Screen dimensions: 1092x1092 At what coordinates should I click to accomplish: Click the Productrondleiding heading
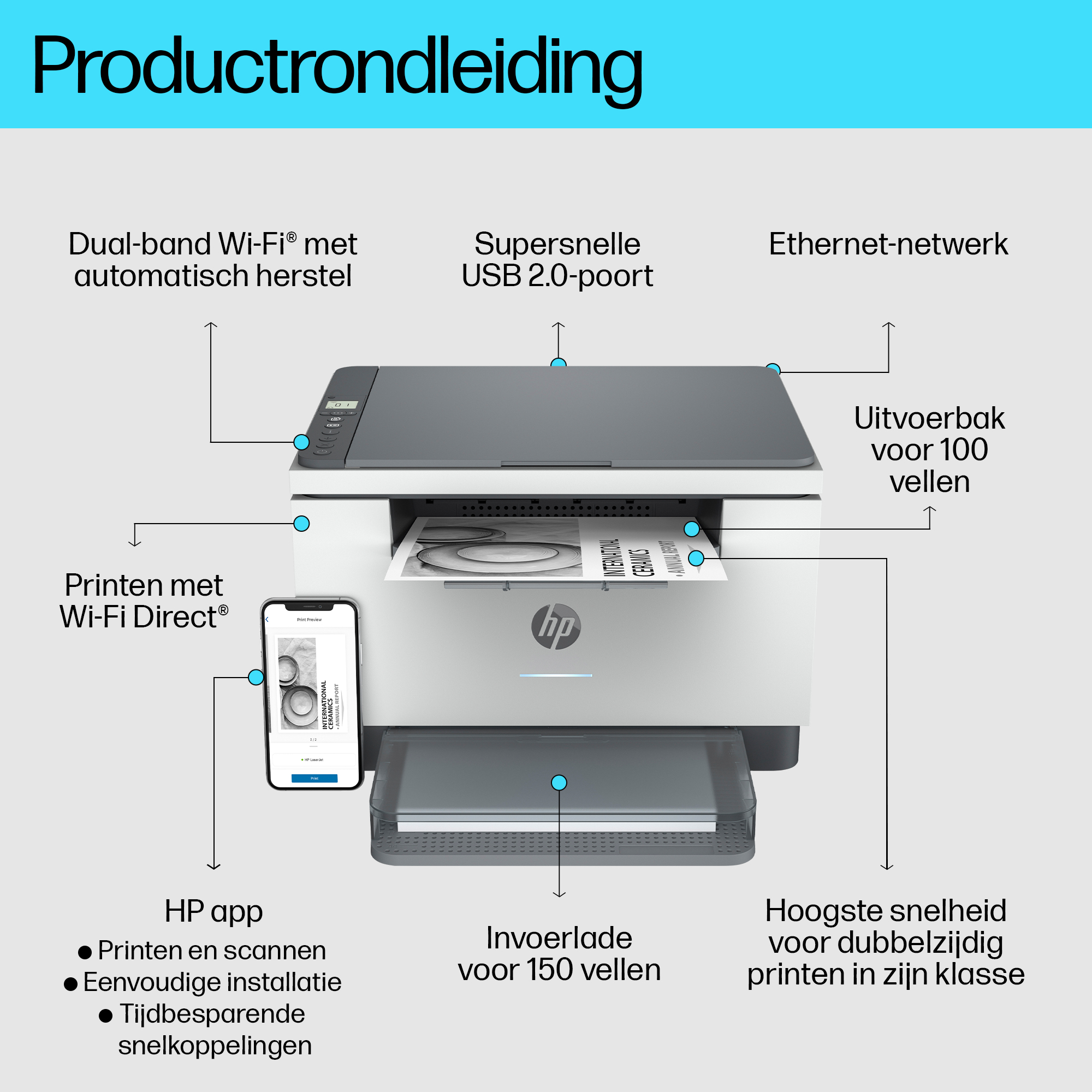click(x=337, y=67)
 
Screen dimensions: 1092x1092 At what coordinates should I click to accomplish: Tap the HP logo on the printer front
click(x=556, y=626)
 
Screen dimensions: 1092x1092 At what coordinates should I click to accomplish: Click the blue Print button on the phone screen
click(x=314, y=778)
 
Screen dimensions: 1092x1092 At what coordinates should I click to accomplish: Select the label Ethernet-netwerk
click(x=888, y=244)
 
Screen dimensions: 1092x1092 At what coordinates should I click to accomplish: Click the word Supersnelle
click(x=557, y=244)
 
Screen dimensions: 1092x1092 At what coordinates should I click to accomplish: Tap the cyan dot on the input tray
click(x=559, y=782)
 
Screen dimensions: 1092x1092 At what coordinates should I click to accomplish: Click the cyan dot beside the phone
click(x=256, y=677)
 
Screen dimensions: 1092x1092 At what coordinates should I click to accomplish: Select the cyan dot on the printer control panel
click(x=301, y=442)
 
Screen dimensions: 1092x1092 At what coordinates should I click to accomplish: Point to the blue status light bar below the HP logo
click(x=556, y=675)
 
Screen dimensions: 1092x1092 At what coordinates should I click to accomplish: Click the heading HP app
click(x=213, y=912)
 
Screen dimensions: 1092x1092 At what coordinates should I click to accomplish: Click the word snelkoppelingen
click(x=215, y=1046)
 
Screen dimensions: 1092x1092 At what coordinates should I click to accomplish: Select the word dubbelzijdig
click(x=914, y=943)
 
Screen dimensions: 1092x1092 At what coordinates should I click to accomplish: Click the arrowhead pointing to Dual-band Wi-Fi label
click(x=211, y=324)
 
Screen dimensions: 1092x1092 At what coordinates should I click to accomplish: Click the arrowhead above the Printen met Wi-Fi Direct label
click(x=134, y=544)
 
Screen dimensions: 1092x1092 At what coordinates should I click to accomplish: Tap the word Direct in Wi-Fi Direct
click(x=175, y=616)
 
